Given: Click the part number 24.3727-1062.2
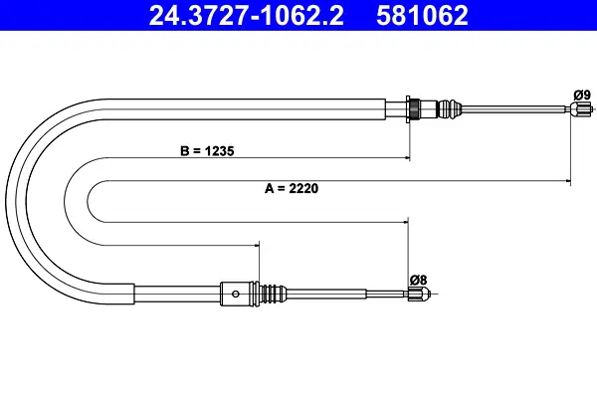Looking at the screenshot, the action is tap(246, 16).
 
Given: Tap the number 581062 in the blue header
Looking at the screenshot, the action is tap(422, 16).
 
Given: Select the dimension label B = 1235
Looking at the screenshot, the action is tap(207, 151).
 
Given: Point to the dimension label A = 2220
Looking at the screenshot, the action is tap(292, 188).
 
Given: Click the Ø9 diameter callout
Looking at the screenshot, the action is tap(582, 95).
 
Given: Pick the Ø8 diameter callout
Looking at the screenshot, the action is tap(419, 280).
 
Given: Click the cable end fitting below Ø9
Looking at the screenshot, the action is tap(581, 109).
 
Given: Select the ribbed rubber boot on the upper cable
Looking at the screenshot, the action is tap(450, 108).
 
